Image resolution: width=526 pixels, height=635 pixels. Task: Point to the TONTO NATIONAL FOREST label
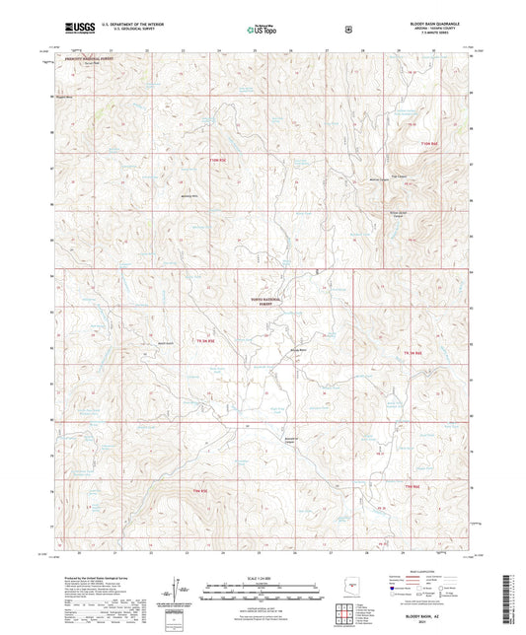click(x=270, y=303)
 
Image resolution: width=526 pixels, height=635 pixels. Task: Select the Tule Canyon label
click(x=386, y=176)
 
